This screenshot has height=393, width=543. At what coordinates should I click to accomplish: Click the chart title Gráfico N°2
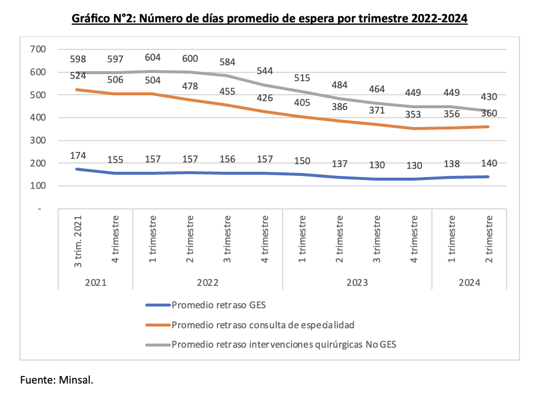[270, 19]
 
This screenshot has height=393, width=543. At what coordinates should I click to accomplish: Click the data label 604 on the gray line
[153, 57]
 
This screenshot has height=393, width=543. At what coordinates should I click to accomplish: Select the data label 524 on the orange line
[79, 76]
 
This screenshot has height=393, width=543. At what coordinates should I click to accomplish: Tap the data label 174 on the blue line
[79, 156]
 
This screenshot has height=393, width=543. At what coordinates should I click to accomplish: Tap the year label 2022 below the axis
[207, 283]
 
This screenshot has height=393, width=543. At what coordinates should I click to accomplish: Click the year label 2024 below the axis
[470, 283]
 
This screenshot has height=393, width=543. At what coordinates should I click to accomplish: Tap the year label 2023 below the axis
[357, 283]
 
